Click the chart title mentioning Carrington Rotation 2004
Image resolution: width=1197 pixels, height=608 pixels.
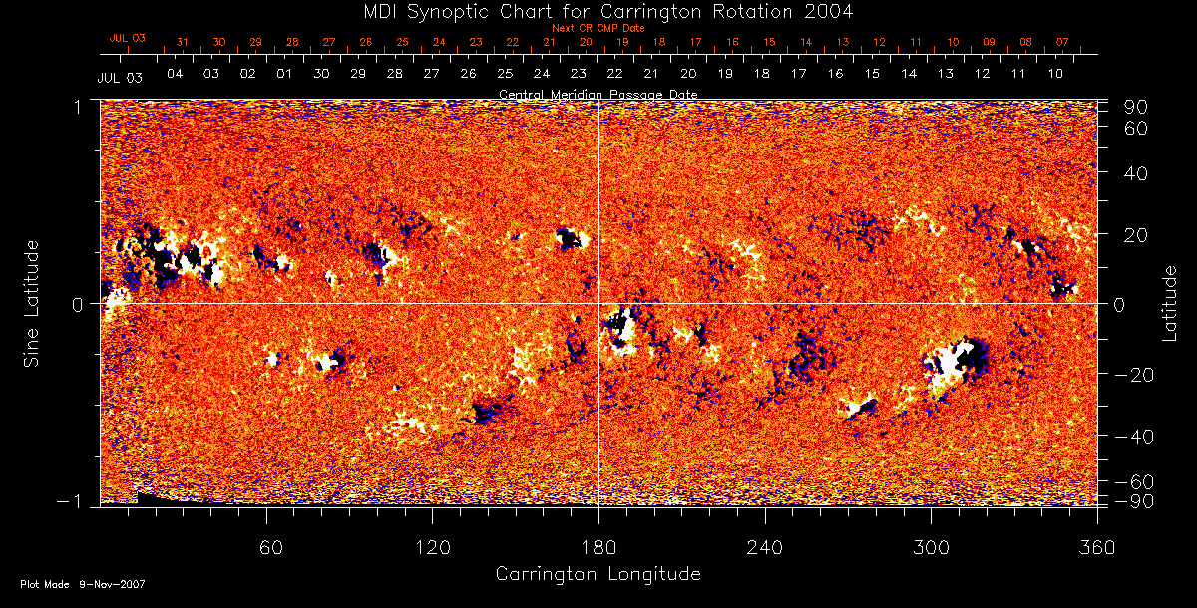click(598, 11)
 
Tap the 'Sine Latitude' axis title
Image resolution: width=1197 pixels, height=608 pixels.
click(32, 303)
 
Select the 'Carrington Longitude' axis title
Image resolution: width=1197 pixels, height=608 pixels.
click(598, 574)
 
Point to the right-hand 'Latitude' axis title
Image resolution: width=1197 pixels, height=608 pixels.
click(1169, 303)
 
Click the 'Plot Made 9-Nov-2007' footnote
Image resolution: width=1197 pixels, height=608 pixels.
click(83, 584)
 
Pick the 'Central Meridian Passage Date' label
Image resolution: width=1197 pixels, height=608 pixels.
click(598, 94)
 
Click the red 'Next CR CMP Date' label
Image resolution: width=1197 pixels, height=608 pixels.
click(598, 29)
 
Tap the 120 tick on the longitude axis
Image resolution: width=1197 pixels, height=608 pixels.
click(432, 547)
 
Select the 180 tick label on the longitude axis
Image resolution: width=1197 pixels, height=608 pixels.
click(598, 547)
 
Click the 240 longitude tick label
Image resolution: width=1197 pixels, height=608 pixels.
click(764, 547)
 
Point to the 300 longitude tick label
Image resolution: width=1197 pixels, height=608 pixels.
click(931, 547)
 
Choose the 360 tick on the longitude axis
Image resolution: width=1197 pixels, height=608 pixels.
click(1097, 547)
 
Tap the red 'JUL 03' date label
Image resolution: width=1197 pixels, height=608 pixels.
click(128, 38)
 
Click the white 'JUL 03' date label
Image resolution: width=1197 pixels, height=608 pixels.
click(120, 78)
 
